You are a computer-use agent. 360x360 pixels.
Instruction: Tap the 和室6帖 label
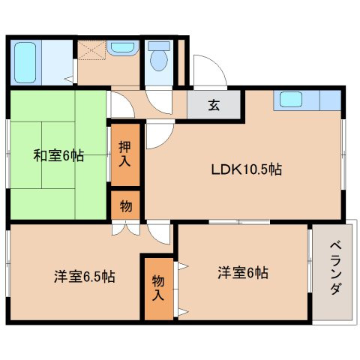point(58,157)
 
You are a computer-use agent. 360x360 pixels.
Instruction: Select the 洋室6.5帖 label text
point(84,277)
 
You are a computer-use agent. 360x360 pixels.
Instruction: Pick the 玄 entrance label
point(214,105)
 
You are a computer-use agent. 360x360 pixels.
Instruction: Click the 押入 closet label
point(126,155)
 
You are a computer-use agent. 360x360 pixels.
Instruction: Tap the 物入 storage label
point(158,287)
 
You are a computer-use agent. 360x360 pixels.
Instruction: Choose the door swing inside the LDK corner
point(157,133)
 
